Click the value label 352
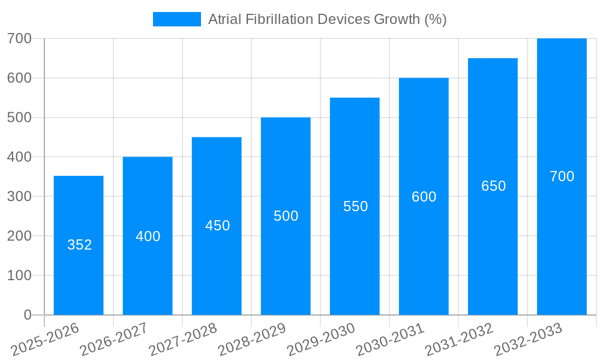[x=79, y=245]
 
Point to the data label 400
[x=148, y=236]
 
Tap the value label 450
[x=217, y=226]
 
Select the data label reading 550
[x=355, y=206]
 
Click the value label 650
[x=493, y=186]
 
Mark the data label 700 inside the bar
[x=562, y=176]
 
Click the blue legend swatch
[x=177, y=19]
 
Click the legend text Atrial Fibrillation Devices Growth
[x=327, y=19]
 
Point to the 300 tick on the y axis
[x=19, y=196]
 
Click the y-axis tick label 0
[x=28, y=315]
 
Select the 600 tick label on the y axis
[x=19, y=78]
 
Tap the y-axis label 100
[x=19, y=275]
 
